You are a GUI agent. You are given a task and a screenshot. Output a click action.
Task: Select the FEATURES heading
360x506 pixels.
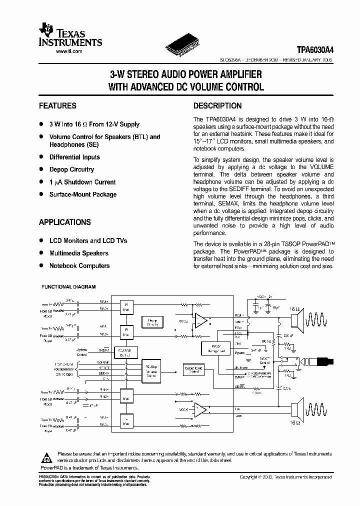click(x=57, y=106)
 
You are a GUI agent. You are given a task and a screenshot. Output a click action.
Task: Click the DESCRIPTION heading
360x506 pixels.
click(x=217, y=106)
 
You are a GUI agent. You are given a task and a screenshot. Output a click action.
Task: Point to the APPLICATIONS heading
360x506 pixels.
click(x=65, y=222)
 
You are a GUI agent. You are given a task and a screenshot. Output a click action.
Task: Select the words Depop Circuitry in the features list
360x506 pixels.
click(x=71, y=169)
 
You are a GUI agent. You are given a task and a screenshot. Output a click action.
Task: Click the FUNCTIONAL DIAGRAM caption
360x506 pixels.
click(x=68, y=287)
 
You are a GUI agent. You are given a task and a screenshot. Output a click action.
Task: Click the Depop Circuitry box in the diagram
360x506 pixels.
click(x=152, y=322)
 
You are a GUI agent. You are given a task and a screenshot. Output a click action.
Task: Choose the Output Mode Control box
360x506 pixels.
click(x=193, y=370)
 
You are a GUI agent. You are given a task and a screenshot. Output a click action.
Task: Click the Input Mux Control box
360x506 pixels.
click(x=126, y=352)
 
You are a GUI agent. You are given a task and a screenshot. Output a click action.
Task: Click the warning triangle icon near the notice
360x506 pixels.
click(x=46, y=457)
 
